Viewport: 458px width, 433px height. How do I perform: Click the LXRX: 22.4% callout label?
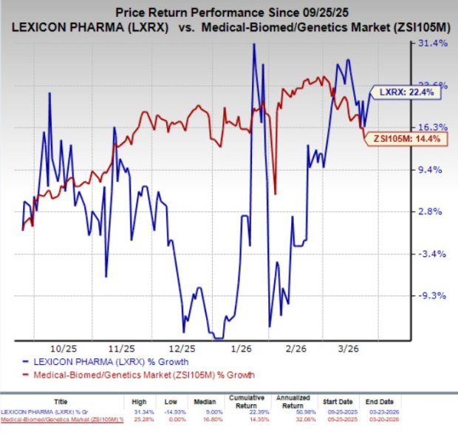tap(405, 93)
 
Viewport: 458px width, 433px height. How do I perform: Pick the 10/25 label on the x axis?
tap(63, 347)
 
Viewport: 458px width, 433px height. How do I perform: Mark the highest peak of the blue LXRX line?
tap(253, 44)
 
